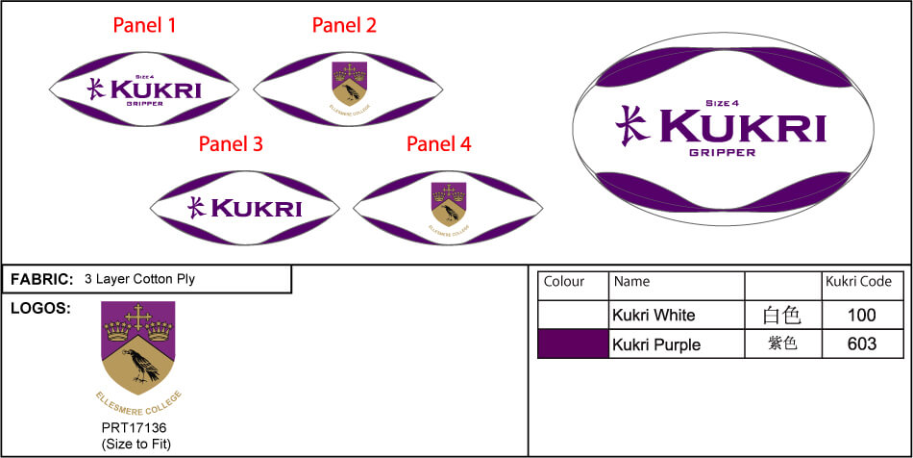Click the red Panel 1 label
click(x=144, y=26)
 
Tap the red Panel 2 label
click(x=344, y=26)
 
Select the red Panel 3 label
click(x=231, y=144)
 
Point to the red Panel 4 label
click(x=439, y=144)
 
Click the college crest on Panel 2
click(x=348, y=83)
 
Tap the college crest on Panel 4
click(x=448, y=202)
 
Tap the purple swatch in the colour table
click(x=573, y=343)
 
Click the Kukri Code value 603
click(x=862, y=344)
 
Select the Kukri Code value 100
click(x=862, y=315)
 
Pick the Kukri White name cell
click(x=654, y=315)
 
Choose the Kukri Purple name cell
click(x=656, y=344)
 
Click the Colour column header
click(x=564, y=282)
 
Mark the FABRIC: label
click(x=41, y=279)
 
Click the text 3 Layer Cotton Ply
click(x=139, y=280)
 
